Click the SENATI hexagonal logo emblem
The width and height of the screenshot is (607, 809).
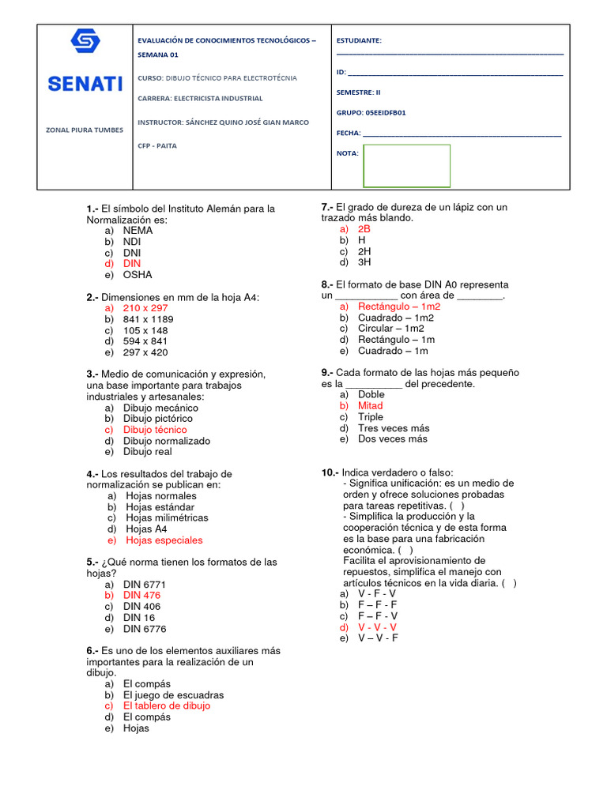pyautogui.click(x=85, y=41)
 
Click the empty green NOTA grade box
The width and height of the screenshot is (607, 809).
pyautogui.click(x=406, y=166)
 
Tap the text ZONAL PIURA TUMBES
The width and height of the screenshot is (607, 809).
pyautogui.click(x=85, y=130)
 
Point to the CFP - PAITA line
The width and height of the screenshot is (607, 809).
pyautogui.click(x=157, y=145)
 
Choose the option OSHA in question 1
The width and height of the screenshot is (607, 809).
pyautogui.click(x=138, y=275)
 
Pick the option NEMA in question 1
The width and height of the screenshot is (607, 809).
pyautogui.click(x=138, y=231)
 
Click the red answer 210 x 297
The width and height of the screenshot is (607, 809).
pyautogui.click(x=145, y=308)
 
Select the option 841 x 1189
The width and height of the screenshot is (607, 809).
pyautogui.click(x=148, y=319)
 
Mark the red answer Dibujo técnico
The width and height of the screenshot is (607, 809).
pyautogui.click(x=155, y=430)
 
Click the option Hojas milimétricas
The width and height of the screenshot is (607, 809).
pyautogui.click(x=167, y=517)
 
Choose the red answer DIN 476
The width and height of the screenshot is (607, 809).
pyautogui.click(x=141, y=595)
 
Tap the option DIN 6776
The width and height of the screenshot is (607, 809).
pyautogui.click(x=145, y=629)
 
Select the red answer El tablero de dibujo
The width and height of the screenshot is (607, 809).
pyautogui.click(x=167, y=706)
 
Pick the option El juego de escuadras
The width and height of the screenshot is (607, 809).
pyautogui.click(x=173, y=694)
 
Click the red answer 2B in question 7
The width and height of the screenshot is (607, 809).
pyautogui.click(x=364, y=229)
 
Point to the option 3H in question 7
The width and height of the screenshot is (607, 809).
pyautogui.click(x=364, y=262)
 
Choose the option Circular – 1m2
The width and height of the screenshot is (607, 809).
pyautogui.click(x=390, y=328)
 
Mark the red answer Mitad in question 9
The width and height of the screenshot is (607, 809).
pyautogui.click(x=370, y=405)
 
